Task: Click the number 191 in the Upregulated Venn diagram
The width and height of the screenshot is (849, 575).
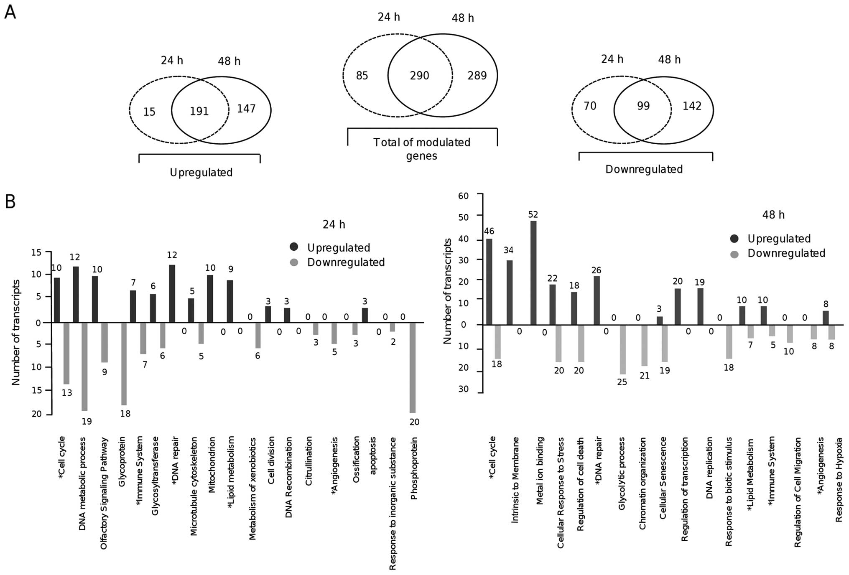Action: pyautogui.click(x=199, y=111)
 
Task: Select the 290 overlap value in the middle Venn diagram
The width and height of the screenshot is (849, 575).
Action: pyautogui.click(x=419, y=76)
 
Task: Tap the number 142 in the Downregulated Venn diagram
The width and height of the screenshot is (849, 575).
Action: pyautogui.click(x=692, y=106)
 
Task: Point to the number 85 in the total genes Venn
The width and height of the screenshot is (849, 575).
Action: pyautogui.click(x=362, y=76)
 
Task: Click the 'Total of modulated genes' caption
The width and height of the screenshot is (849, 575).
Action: pyautogui.click(x=422, y=149)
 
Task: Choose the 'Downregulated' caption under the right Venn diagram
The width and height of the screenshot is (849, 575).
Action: pyautogui.click(x=644, y=169)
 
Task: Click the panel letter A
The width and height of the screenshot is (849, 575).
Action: pyautogui.click(x=10, y=13)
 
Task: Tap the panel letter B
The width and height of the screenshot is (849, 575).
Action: pyautogui.click(x=10, y=201)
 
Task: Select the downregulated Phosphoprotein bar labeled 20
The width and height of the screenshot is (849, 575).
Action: pyautogui.click(x=413, y=368)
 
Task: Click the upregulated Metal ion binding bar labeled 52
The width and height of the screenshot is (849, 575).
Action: pyautogui.click(x=533, y=272)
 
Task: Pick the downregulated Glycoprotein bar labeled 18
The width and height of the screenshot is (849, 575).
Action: pyautogui.click(x=124, y=364)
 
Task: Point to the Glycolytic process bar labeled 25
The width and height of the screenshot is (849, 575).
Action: pyautogui.click(x=622, y=349)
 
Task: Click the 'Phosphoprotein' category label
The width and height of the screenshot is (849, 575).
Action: pyautogui.click(x=414, y=468)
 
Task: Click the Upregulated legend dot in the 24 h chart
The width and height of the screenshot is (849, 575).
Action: pyautogui.click(x=294, y=247)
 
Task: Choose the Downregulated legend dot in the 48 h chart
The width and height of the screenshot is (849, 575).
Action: pyautogui.click(x=734, y=253)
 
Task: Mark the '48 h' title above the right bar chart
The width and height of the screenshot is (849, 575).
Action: pyautogui.click(x=773, y=215)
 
